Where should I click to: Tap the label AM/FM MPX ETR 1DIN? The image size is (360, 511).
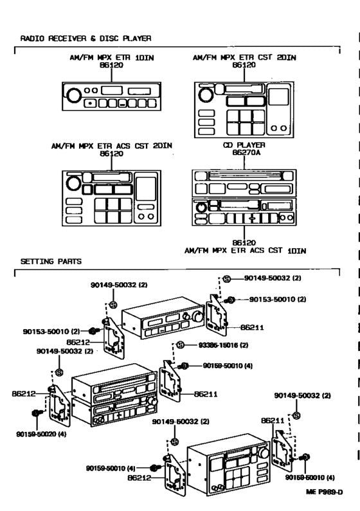116,58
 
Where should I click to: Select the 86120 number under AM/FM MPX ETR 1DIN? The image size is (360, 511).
116,66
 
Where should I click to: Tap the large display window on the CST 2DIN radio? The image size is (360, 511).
278,96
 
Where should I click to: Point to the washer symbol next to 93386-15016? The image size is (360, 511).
181,345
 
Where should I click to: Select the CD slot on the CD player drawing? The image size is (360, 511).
244,175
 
